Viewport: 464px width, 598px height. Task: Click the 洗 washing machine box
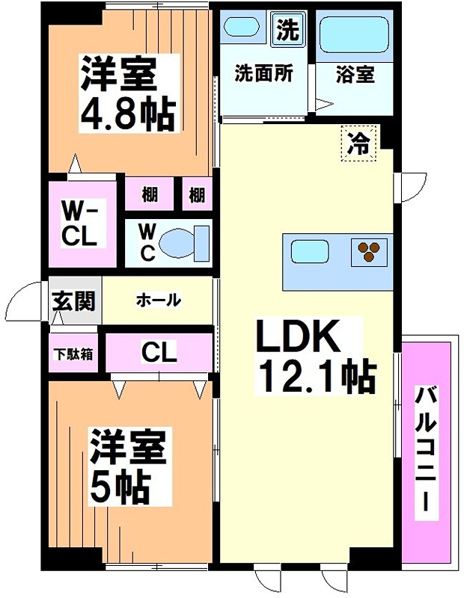[x=287, y=31]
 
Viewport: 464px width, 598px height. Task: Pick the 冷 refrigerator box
[x=359, y=142]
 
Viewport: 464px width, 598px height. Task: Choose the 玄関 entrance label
[x=73, y=301]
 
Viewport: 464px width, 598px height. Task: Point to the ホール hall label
[x=158, y=300]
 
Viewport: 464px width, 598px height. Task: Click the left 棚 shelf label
[x=149, y=195]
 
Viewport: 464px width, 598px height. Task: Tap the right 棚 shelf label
[x=196, y=195]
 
